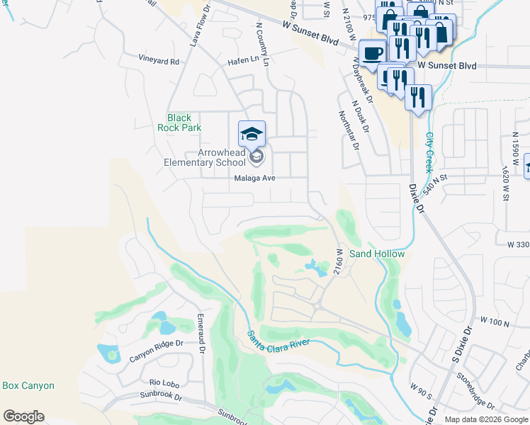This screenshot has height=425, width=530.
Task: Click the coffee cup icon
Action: [x=373, y=52]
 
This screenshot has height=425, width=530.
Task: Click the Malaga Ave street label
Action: [x=254, y=178]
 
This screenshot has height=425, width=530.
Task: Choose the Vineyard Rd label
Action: [x=159, y=62]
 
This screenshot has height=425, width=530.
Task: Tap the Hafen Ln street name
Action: [x=243, y=62]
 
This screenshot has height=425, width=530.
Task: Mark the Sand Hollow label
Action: [x=377, y=254]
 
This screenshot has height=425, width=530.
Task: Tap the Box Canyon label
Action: [x=28, y=386]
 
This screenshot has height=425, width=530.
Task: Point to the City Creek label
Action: [x=429, y=152]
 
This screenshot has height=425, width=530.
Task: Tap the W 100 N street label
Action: [x=495, y=323]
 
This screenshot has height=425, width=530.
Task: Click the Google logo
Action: [x=24, y=416]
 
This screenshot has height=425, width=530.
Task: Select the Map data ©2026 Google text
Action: [x=486, y=419]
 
